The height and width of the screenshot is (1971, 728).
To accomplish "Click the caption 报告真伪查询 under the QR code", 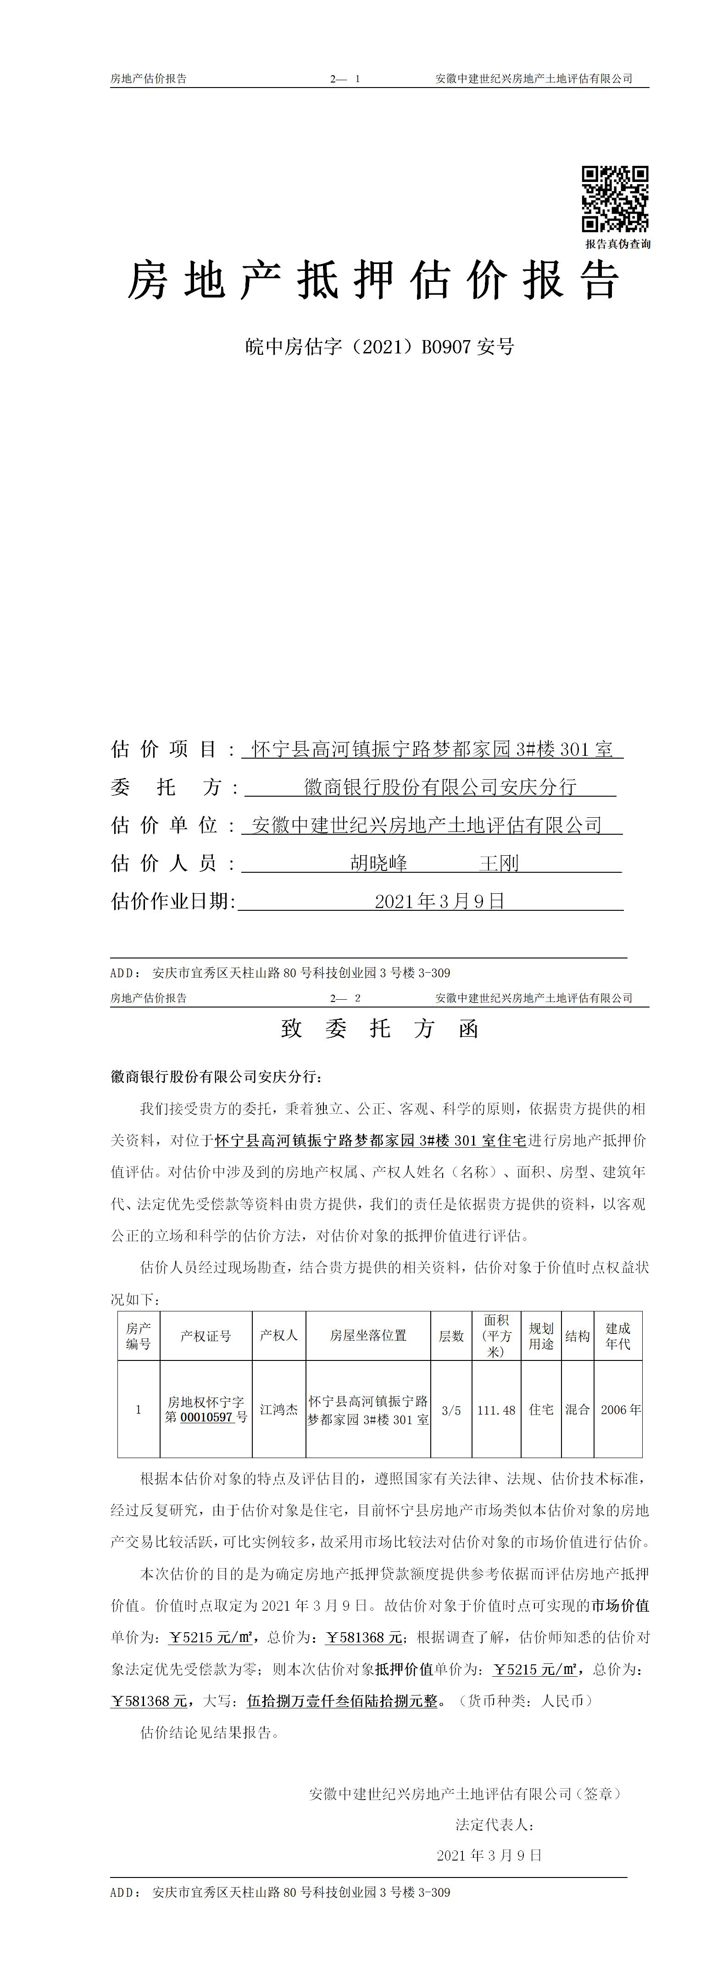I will click(618, 244).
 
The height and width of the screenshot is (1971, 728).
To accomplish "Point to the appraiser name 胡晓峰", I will click(379, 863).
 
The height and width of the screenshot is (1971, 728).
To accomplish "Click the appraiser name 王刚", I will click(499, 863).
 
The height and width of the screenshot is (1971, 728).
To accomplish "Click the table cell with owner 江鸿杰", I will click(278, 1409).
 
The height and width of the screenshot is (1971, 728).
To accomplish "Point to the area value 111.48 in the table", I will click(496, 1410).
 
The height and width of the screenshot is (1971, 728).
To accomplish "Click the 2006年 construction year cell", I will click(621, 1410).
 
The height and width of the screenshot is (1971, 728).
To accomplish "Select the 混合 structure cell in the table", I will click(577, 1409).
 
